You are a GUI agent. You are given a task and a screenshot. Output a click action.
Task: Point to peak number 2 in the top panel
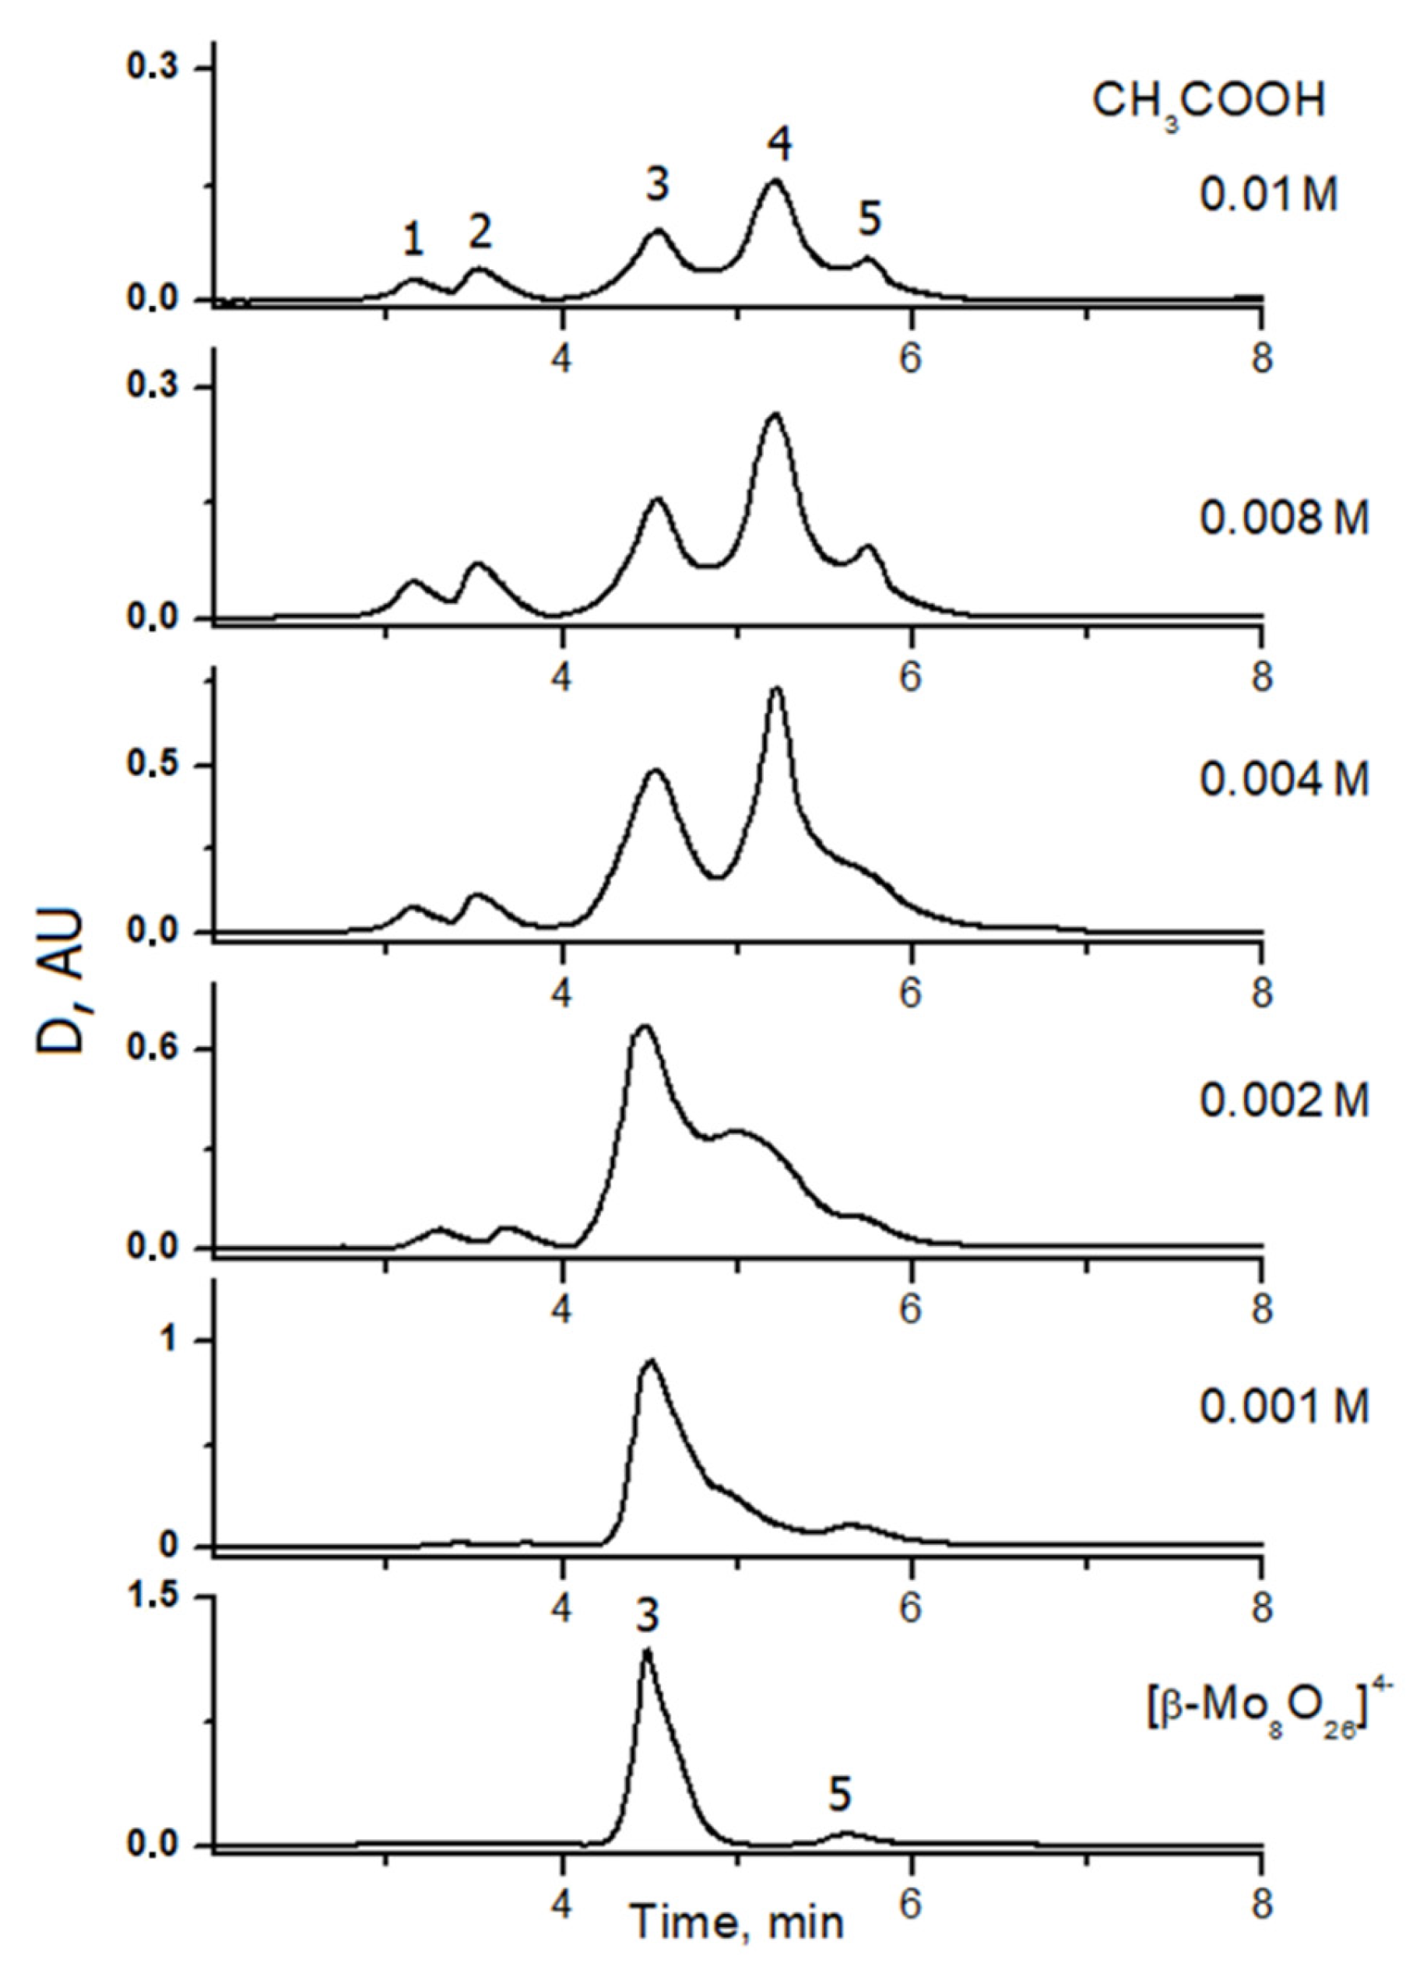(x=480, y=230)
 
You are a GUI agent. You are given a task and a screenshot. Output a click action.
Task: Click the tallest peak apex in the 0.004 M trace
(x=777, y=689)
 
